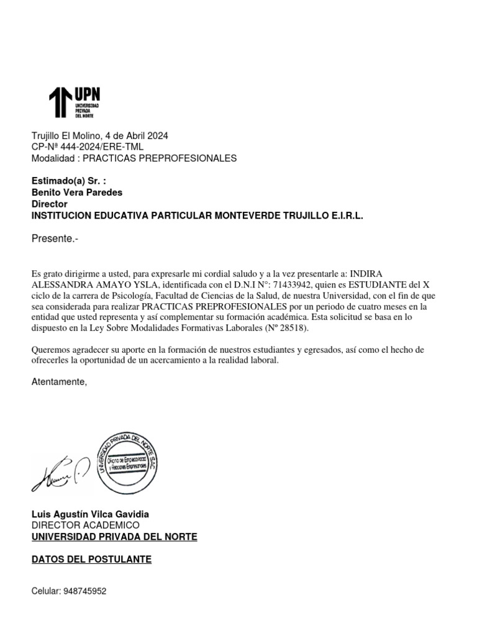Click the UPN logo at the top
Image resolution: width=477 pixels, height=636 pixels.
point(74,102)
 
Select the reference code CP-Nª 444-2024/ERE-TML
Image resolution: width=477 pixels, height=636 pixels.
point(87,147)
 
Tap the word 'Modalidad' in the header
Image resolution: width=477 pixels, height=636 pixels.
point(53,158)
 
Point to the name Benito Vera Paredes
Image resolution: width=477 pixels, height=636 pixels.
point(77,193)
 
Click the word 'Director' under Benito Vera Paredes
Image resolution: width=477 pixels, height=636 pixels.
point(49,204)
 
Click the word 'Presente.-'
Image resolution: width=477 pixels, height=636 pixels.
point(55,238)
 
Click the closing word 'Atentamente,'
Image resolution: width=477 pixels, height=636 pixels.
point(60,382)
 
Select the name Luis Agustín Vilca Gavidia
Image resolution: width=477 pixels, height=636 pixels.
point(90,514)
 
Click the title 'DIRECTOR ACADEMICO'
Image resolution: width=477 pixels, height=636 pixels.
point(86,525)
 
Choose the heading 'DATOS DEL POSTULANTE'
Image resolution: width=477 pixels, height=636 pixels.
point(91,560)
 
